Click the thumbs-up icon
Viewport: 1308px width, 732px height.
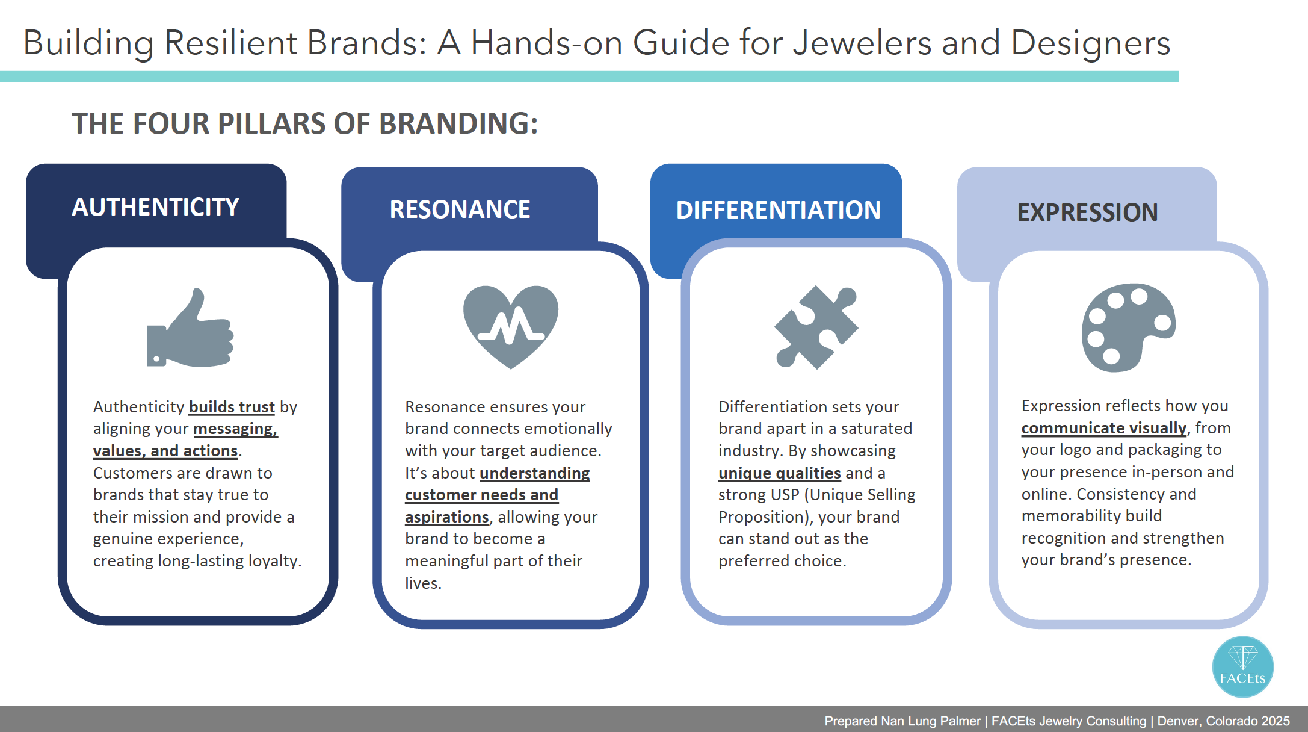[x=190, y=328]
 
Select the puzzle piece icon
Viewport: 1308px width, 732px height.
[x=816, y=327]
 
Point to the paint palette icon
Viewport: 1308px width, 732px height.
[x=1128, y=327]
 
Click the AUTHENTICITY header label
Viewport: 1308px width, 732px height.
[x=155, y=207]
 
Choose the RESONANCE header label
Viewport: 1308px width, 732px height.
[x=460, y=209]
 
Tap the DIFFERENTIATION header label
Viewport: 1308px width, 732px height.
[x=779, y=210]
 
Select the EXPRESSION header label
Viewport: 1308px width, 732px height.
[x=1087, y=212]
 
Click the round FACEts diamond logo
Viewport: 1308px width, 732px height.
[x=1242, y=667]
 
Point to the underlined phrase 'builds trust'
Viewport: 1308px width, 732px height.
[x=232, y=408]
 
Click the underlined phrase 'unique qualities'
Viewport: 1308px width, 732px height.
[x=779, y=474]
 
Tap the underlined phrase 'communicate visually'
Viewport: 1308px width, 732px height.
[x=1104, y=429]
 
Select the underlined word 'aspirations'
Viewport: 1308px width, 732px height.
[x=447, y=518]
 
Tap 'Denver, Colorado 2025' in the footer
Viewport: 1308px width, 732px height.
[x=1224, y=721]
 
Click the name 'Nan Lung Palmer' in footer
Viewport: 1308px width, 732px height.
[x=931, y=721]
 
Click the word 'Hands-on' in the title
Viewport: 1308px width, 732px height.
[x=546, y=43]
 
